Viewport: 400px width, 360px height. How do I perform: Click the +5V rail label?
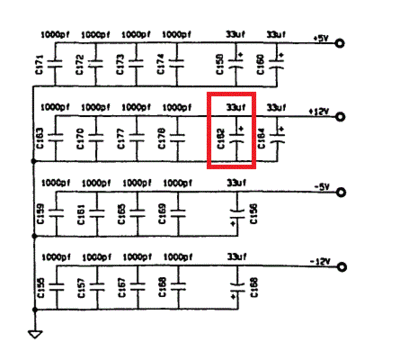click(320, 38)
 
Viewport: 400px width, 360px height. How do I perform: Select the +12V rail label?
click(320, 110)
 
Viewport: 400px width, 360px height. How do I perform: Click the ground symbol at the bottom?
click(34, 336)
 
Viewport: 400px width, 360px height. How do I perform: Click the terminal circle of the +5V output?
click(342, 43)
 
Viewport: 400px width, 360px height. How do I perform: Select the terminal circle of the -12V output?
click(342, 266)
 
